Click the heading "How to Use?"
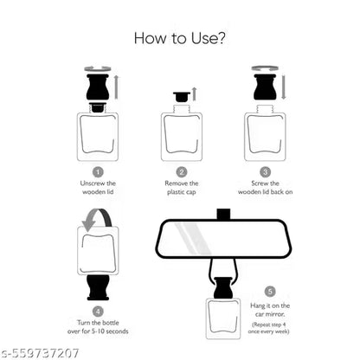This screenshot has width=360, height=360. click(180, 38)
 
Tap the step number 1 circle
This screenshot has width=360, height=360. click(97, 171)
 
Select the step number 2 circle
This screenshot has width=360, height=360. click(182, 171)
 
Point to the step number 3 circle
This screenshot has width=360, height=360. click(266, 171)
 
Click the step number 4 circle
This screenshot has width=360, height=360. click(98, 310)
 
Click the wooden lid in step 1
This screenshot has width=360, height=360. click(97, 88)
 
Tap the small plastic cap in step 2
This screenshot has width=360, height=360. click(181, 97)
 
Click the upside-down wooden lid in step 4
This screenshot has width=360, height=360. click(97, 287)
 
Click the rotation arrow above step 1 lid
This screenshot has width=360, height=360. click(96, 67)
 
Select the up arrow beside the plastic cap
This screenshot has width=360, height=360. click(196, 93)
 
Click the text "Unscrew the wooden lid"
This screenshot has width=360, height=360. click(97, 188)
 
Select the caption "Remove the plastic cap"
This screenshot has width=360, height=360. click(182, 188)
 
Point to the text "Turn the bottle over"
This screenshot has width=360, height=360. click(97, 326)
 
